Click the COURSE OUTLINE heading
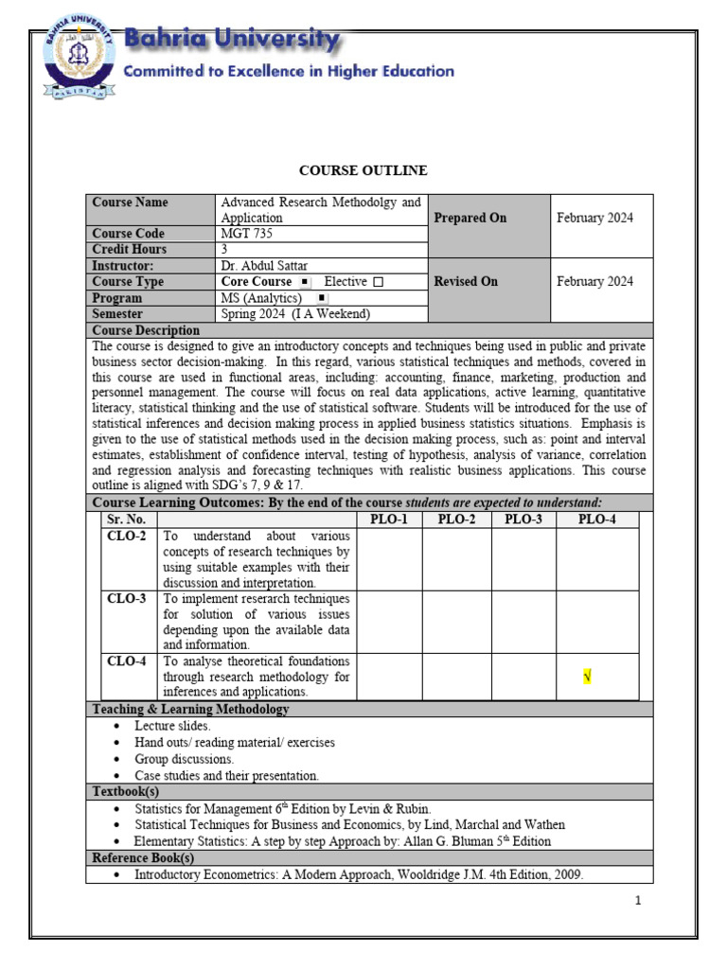[363, 170]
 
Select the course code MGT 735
[239, 234]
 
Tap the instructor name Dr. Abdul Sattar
[264, 266]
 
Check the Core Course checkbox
[304, 282]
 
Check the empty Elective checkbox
[378, 282]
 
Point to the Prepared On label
[470, 218]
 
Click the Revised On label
[466, 281]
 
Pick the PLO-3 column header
[523, 520]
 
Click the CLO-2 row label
[127, 537]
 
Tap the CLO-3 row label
[127, 599]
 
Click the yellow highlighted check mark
[587, 676]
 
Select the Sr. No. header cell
[127, 520]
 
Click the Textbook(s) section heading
[125, 790]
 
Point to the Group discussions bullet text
[184, 759]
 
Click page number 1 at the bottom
[639, 900]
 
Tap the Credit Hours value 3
[224, 250]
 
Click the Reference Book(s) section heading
[143, 858]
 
